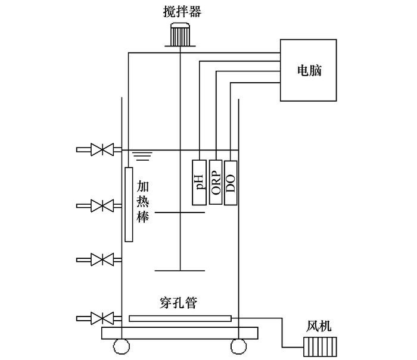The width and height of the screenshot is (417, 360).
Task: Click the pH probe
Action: [199, 182]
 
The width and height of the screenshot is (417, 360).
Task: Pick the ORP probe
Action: [216, 182]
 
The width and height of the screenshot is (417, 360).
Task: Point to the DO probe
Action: [231, 182]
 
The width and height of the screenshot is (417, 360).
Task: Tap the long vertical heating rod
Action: [128, 204]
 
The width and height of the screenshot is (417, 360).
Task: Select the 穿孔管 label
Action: [179, 303]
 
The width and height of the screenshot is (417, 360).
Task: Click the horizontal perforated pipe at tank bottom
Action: [180, 319]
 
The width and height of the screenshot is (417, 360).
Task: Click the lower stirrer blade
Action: [179, 270]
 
